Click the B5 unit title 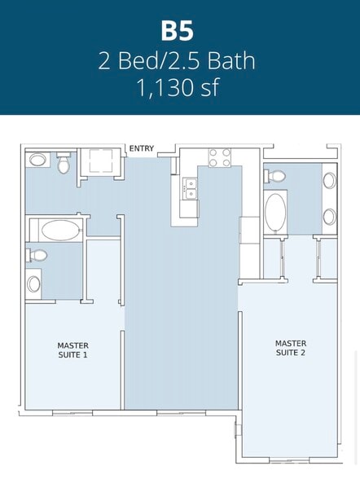tap(177, 31)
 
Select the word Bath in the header tap(231, 60)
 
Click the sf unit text tap(209, 86)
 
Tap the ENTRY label tap(142, 148)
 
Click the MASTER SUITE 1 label tap(73, 350)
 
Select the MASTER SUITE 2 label tap(291, 348)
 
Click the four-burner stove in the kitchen tap(220, 158)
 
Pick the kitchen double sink tap(191, 188)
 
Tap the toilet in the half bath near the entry tap(64, 163)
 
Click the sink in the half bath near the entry tap(37, 160)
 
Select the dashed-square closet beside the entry tap(100, 160)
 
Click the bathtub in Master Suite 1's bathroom tap(59, 230)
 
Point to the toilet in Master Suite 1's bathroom tap(37, 255)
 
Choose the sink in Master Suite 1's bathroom tap(33, 283)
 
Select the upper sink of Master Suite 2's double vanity tap(330, 180)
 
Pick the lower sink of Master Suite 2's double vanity tap(330, 217)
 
